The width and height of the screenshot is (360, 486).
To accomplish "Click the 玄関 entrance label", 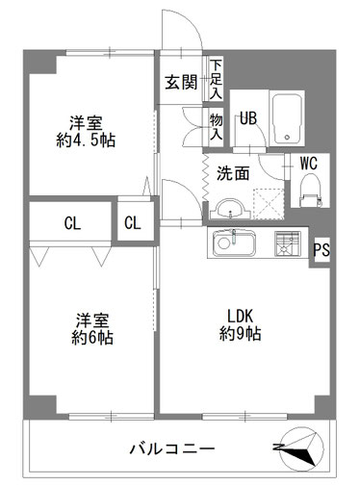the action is [181, 83].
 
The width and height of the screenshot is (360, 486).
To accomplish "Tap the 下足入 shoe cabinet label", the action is [216, 79].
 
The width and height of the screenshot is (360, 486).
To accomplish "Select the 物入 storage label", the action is [216, 127].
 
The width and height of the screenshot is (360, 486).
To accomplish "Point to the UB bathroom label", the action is [248, 118].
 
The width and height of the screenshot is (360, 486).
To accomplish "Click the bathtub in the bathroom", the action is [287, 118].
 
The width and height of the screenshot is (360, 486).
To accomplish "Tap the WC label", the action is [309, 164].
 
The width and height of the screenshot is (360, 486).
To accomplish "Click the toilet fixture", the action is [310, 191].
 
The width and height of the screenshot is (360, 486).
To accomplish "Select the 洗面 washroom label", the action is [233, 173].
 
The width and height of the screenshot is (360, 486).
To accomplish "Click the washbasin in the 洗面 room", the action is [230, 209].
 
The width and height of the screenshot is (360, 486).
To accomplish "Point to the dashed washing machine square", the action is [269, 204].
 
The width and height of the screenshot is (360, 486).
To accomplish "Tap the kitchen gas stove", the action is [287, 243].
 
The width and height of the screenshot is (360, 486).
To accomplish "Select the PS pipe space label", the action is [321, 250].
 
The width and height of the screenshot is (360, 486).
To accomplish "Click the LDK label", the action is [241, 316].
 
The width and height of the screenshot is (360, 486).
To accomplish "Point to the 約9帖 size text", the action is [240, 334].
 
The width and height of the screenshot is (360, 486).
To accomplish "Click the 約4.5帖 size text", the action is [86, 141].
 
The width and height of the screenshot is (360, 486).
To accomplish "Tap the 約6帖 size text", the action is [92, 338].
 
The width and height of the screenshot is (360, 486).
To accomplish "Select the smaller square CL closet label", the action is [133, 223].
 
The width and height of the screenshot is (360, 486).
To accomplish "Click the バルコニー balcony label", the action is [172, 448].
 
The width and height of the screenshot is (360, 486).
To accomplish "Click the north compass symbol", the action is [301, 448].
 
